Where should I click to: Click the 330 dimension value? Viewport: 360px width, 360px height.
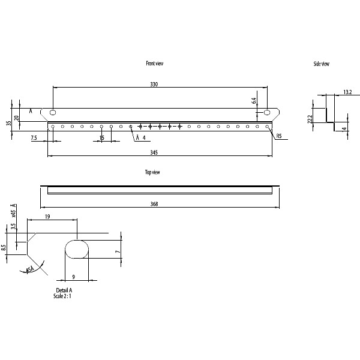point(154,85)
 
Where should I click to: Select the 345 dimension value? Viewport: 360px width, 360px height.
point(154,154)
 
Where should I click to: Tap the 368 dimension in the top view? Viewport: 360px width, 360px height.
point(154,205)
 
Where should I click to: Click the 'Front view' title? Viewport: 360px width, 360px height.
point(154,63)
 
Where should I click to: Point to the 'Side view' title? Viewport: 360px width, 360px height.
point(321,64)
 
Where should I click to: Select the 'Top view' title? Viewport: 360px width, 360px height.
point(152,172)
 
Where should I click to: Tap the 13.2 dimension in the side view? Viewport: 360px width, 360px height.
point(347,92)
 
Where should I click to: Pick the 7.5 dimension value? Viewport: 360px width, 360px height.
point(34,138)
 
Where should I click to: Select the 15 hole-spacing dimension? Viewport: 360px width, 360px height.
point(102,138)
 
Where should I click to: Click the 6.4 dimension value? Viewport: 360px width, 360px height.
point(254,101)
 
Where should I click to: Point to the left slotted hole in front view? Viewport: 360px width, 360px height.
point(53,112)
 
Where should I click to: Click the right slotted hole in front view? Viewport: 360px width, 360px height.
point(268,112)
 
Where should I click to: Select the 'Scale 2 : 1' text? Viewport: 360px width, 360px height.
point(65,296)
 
